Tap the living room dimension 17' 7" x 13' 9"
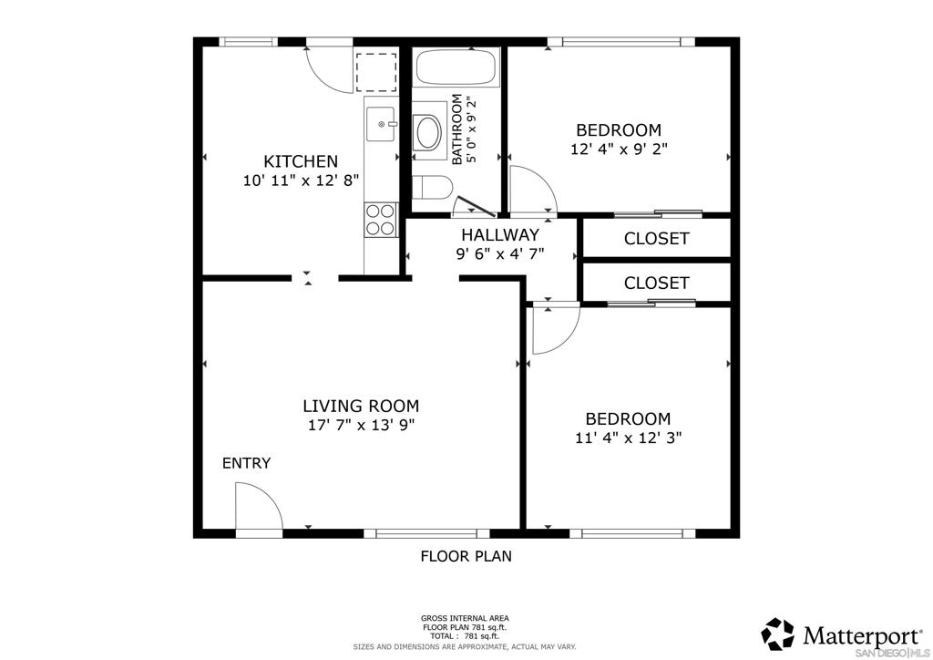point(361,424)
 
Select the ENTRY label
point(246,463)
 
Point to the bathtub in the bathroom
point(456,68)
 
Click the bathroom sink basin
point(426,133)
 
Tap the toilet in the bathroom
point(431,188)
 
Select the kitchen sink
point(381,123)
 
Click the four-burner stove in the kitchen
point(380,220)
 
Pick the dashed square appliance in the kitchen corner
point(376,72)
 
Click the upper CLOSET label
point(656,239)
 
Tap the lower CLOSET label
point(656,284)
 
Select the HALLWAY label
point(499,235)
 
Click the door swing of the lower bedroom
point(552,327)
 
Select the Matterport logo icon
point(777,633)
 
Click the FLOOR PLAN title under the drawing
point(466,555)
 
